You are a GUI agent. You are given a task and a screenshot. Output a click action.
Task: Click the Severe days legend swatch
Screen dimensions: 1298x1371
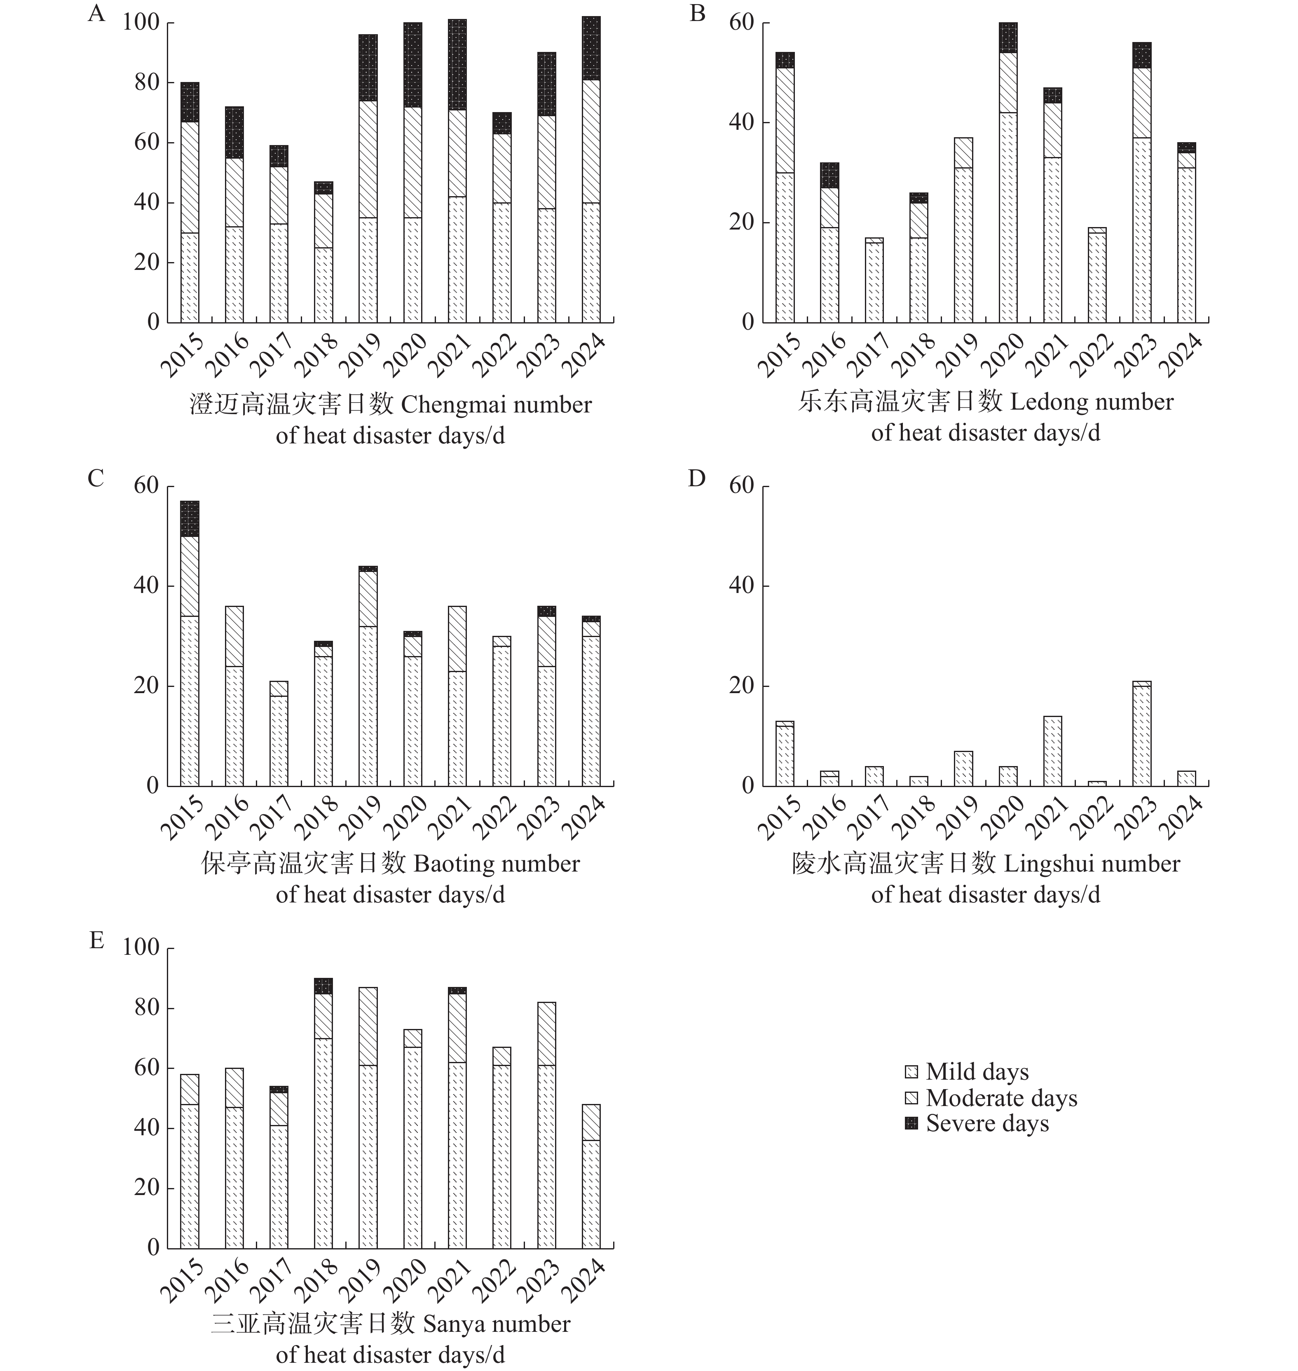pos(912,1123)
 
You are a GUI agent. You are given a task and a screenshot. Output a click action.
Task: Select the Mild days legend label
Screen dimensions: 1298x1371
pos(977,1072)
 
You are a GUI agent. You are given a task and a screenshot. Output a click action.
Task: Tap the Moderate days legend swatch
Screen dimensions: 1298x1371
pos(912,1098)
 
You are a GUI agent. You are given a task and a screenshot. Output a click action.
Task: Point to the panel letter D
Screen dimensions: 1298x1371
pos(697,478)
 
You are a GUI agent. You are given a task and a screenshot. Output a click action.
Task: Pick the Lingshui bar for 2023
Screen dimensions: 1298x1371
pos(1142,734)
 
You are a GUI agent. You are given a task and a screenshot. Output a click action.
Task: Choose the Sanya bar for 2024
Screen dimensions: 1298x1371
pos(591,1176)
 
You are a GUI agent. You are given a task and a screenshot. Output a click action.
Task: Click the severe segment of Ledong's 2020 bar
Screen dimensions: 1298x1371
pos(1008,37)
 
